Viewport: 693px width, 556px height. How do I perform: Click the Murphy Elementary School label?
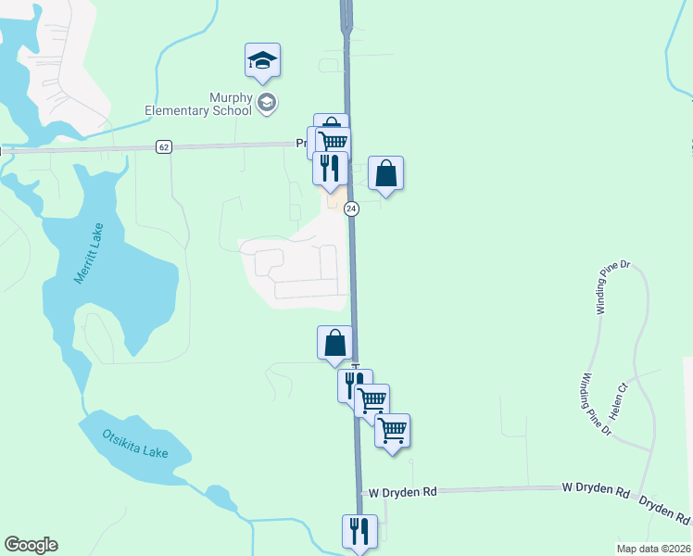click(x=198, y=104)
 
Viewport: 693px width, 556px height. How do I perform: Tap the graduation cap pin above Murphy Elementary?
click(x=262, y=60)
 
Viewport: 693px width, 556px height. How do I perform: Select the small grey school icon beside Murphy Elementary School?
click(x=267, y=102)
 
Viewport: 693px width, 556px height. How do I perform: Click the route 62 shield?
click(x=164, y=147)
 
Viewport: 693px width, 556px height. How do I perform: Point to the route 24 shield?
click(x=351, y=208)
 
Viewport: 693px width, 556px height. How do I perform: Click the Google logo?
click(x=31, y=545)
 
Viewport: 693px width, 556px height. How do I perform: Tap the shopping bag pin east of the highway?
click(x=386, y=173)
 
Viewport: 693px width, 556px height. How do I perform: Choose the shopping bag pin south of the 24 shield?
click(x=334, y=343)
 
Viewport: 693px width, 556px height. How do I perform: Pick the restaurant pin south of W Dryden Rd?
click(x=359, y=532)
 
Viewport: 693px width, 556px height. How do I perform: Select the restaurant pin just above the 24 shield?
click(x=330, y=168)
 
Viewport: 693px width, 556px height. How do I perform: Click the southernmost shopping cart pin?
click(x=393, y=430)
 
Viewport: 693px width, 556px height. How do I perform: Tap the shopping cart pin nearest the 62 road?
click(x=332, y=141)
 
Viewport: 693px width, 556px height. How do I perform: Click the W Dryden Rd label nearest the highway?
click(x=402, y=492)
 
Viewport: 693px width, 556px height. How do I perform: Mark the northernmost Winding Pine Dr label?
click(x=613, y=287)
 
